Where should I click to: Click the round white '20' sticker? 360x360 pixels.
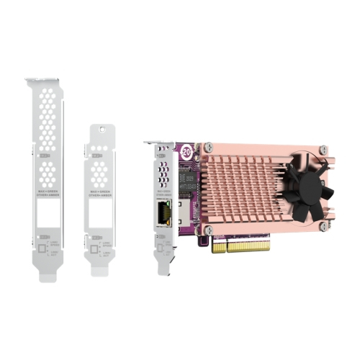pyautogui.click(x=186, y=152)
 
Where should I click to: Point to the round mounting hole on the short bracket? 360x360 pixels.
pyautogui.click(x=102, y=132)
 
